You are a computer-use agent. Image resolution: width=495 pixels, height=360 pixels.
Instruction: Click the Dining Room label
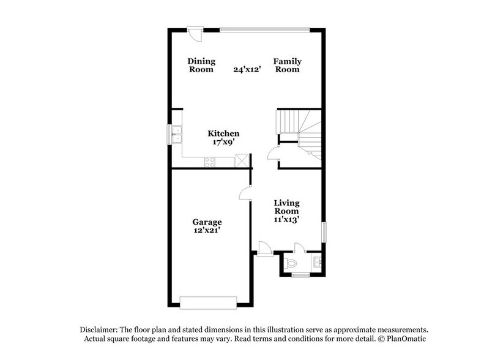201,65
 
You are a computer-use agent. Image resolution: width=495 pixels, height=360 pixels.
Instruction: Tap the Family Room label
286,65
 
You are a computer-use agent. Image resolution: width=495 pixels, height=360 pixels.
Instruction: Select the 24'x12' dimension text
247,69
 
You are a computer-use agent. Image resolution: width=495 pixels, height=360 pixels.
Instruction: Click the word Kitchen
223,133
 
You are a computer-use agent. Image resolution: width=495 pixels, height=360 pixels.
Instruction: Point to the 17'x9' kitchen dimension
223,142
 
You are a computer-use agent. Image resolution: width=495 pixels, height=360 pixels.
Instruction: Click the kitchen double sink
176,133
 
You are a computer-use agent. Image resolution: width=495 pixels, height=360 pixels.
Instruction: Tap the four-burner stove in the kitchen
209,162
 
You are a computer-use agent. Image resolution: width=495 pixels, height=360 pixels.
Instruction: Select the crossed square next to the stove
243,161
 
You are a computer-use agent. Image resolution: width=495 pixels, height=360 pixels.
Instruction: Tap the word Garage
207,222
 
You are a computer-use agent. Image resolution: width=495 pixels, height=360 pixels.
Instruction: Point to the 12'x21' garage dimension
207,230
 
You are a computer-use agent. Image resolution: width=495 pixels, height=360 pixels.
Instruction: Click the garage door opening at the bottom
207,301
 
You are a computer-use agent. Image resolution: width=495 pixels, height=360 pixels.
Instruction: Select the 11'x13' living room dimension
286,219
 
